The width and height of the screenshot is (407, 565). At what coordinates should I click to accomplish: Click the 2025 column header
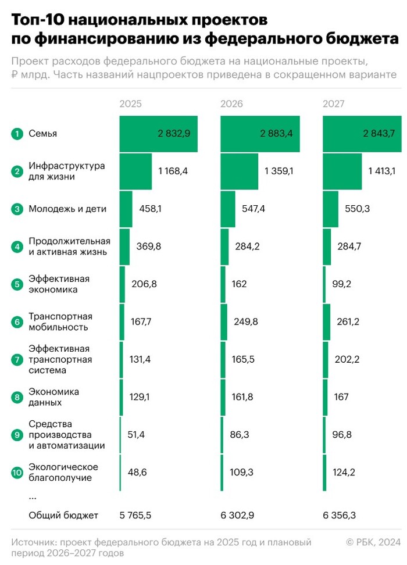click(x=130, y=104)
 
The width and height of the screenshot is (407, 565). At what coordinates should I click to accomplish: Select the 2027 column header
click(x=334, y=104)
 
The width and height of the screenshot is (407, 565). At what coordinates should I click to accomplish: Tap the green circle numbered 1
click(x=16, y=134)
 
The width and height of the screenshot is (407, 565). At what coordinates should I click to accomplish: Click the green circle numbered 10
click(x=16, y=473)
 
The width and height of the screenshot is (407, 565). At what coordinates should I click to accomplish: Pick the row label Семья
click(x=42, y=134)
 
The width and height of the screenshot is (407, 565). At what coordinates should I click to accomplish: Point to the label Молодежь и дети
click(x=67, y=209)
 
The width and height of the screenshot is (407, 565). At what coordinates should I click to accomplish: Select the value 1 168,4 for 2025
click(x=173, y=171)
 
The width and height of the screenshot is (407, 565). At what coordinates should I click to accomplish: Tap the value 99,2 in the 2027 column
click(x=347, y=284)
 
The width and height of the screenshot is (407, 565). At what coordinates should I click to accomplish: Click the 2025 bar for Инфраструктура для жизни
click(x=135, y=171)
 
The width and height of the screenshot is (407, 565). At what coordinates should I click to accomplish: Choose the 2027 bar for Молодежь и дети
click(x=330, y=209)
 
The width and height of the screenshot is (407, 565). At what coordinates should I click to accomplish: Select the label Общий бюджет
click(x=63, y=515)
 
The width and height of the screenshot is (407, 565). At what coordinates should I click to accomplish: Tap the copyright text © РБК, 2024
click(x=373, y=542)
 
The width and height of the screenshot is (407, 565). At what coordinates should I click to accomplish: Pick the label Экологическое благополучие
click(x=63, y=473)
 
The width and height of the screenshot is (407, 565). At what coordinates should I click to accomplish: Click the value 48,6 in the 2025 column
click(x=137, y=473)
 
